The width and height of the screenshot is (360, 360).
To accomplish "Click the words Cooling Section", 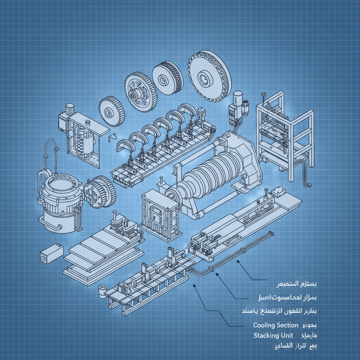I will coord(276,325).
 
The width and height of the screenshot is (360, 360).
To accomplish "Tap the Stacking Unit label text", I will coord(273,336).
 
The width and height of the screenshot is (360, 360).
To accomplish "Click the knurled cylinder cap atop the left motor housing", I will coord(70,109).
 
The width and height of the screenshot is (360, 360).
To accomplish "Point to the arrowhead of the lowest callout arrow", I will coord(194,286).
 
